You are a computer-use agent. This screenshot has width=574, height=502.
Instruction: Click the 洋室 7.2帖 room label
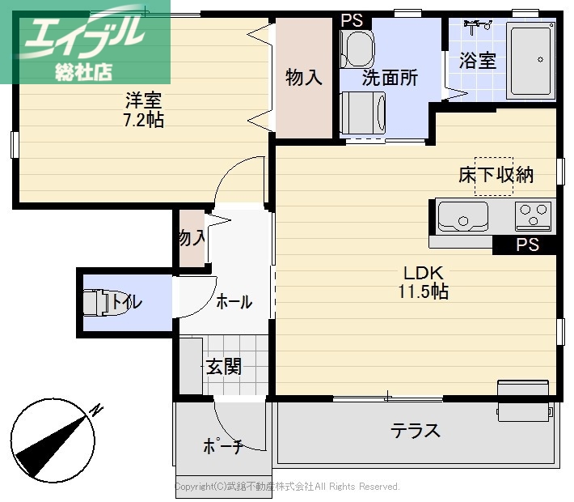point(144,110)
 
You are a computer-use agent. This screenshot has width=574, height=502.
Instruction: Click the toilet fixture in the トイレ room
point(98,303)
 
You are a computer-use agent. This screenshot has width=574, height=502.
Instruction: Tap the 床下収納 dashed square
point(493,176)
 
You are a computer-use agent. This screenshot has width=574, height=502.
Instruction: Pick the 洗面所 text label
point(390,79)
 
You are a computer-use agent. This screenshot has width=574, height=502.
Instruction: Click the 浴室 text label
point(477,61)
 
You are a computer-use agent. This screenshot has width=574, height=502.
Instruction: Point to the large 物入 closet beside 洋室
point(304,78)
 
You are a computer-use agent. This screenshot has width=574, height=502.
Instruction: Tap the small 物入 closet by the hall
point(192,238)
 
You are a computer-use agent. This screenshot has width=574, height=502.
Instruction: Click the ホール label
point(234,302)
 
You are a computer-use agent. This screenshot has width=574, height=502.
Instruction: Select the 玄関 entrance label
point(223,366)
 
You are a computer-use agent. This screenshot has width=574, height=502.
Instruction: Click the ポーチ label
point(222,445)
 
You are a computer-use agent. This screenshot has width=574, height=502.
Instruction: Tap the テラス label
point(416,430)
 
